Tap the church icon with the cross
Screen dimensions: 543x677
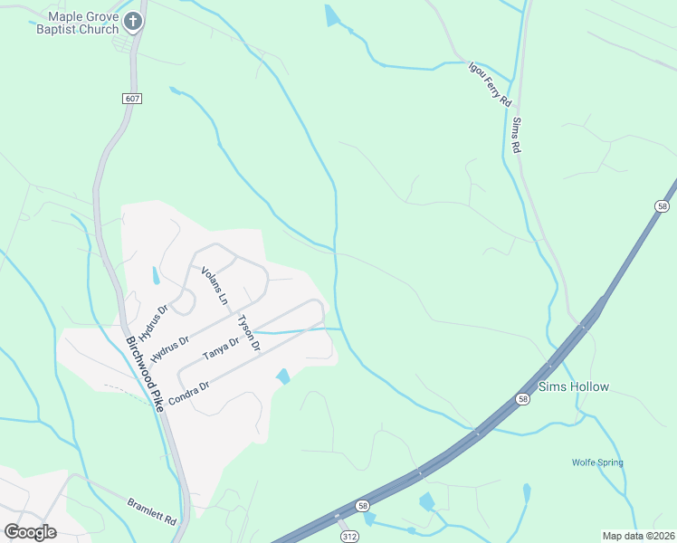coord(134,22)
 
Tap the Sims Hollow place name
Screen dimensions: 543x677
coord(574,386)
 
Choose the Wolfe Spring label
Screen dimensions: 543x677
coord(597,463)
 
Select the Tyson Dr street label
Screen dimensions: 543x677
coord(248,333)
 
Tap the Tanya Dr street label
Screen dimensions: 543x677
coord(221,348)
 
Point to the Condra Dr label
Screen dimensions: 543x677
coord(189,392)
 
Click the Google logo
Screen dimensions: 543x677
coord(30,531)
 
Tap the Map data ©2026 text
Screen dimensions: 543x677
coord(638,536)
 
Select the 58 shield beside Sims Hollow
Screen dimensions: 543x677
coord(523,399)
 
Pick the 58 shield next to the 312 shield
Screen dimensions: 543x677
coord(362,506)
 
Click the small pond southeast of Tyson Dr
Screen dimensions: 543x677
coord(283,376)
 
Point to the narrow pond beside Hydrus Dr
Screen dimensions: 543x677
coord(155,275)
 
